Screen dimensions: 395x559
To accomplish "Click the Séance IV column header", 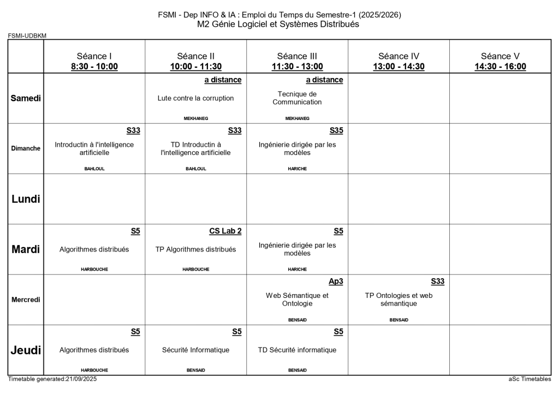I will (x=399, y=56).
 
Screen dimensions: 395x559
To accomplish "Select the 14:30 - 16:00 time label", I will (x=500, y=67).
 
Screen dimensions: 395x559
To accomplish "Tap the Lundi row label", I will (x=26, y=199).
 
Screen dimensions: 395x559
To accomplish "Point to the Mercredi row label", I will (x=26, y=300).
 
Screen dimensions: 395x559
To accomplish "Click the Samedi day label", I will (x=26, y=98).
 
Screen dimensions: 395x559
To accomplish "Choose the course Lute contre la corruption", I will (x=195, y=98).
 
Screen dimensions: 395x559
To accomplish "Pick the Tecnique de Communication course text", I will (x=297, y=98).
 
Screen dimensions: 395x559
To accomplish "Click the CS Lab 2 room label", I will (x=225, y=231).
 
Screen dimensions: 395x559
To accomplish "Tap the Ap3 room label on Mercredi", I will (x=336, y=282).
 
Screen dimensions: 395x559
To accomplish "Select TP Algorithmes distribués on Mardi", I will (x=195, y=249).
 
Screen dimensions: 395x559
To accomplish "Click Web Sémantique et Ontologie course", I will (x=297, y=300).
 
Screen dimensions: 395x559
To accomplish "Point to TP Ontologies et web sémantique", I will (x=399, y=300).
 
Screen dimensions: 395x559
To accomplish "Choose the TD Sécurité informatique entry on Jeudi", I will (x=297, y=350).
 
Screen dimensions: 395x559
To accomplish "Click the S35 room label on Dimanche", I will (x=336, y=130).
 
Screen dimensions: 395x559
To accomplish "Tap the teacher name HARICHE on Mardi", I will (x=297, y=269).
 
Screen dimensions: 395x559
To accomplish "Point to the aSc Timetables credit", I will (x=530, y=379).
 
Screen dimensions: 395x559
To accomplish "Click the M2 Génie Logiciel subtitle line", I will (x=279, y=24).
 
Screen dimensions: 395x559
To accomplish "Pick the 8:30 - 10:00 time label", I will (x=94, y=67).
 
